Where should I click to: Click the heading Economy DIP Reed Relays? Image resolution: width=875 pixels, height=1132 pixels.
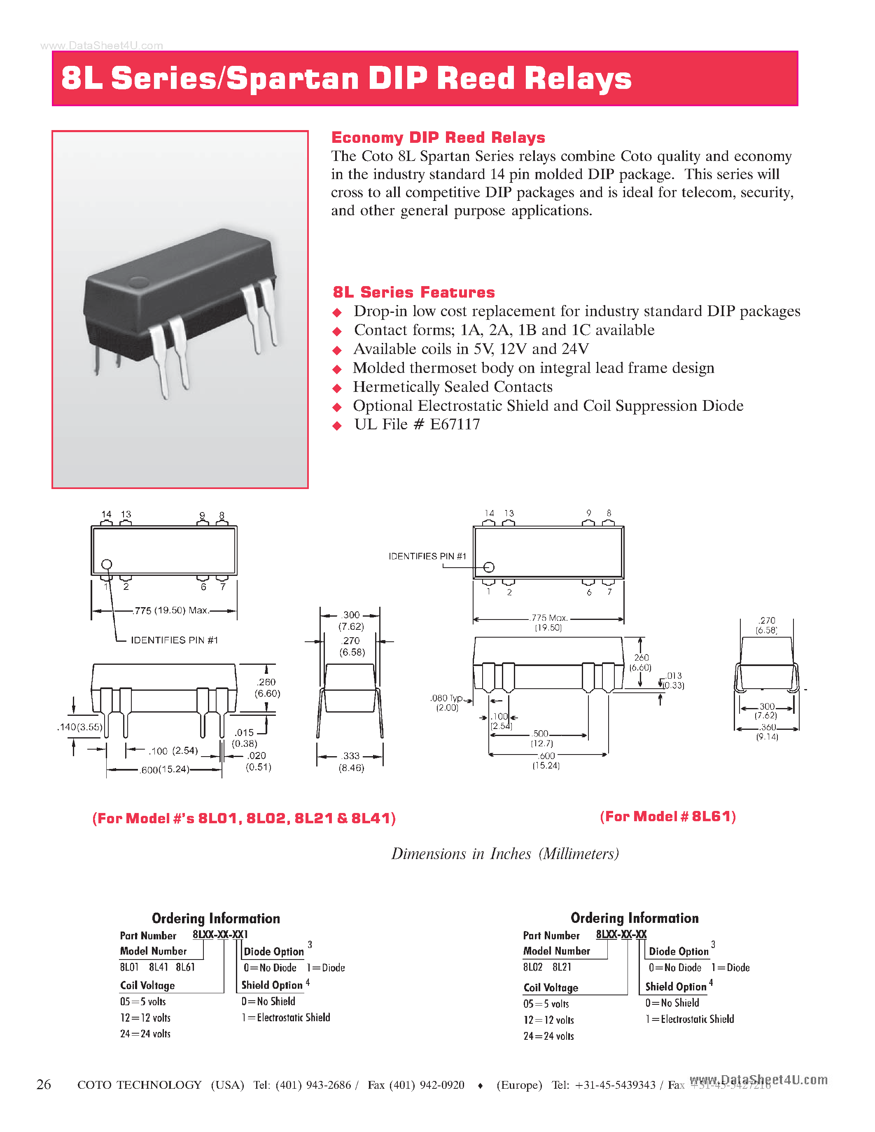438,137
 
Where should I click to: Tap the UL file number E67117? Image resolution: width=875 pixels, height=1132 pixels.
455,424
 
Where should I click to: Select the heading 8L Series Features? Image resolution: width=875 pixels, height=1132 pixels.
414,292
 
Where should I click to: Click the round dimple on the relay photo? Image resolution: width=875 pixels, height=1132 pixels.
138,282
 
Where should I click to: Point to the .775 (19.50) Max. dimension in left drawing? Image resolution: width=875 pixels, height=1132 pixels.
171,610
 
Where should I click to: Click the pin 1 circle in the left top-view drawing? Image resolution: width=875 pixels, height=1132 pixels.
107,564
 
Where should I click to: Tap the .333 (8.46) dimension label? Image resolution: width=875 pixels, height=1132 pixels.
351,762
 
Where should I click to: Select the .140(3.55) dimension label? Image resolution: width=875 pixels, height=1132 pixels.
79,727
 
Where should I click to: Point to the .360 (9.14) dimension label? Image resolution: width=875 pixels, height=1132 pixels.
767,732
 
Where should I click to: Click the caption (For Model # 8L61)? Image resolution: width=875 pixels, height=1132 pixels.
667,817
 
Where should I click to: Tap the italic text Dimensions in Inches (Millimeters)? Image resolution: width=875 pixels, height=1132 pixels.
505,854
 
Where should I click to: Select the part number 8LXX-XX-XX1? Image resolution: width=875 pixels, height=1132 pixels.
220,934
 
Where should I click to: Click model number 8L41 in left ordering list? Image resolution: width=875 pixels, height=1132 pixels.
159,967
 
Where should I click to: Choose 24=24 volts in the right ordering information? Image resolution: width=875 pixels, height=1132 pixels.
548,1036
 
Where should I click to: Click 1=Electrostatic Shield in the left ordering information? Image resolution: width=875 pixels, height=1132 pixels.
286,1018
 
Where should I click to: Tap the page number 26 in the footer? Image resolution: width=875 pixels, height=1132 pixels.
44,1084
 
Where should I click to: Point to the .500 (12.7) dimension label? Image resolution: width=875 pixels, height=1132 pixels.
541,738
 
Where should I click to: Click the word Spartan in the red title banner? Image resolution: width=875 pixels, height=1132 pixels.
292,79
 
